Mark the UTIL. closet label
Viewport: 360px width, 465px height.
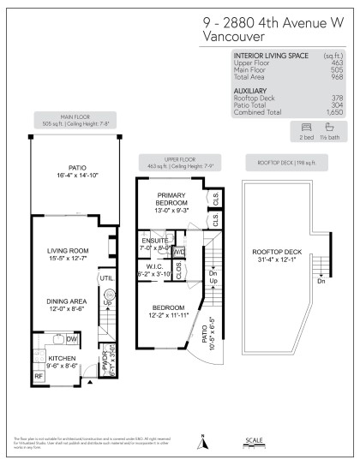105,278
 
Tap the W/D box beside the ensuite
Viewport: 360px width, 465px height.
178,253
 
